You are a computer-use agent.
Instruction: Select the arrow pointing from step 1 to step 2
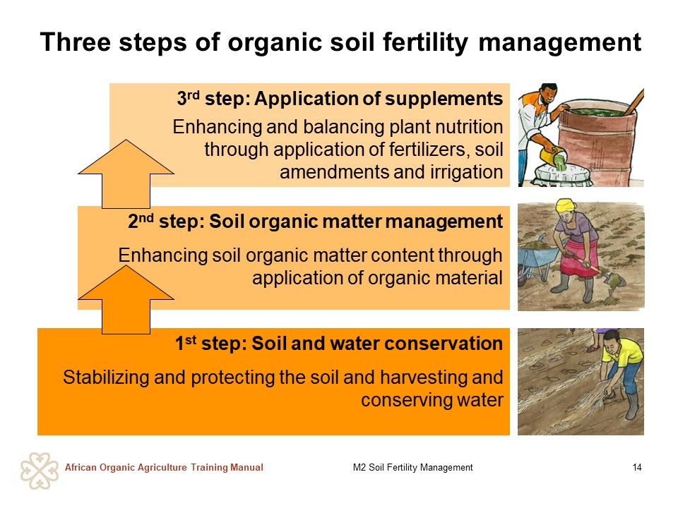(x=126, y=299)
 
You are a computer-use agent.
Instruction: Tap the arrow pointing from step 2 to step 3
(x=126, y=174)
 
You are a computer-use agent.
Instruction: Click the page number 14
(x=636, y=467)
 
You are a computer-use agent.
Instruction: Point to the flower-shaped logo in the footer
(x=40, y=471)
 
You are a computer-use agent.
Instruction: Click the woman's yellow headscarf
(x=566, y=206)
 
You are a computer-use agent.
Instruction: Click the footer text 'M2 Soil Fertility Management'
(x=412, y=467)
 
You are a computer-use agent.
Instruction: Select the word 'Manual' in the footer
(x=246, y=467)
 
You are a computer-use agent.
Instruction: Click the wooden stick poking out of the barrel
(x=634, y=102)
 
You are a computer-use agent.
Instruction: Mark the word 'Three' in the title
(x=76, y=42)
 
